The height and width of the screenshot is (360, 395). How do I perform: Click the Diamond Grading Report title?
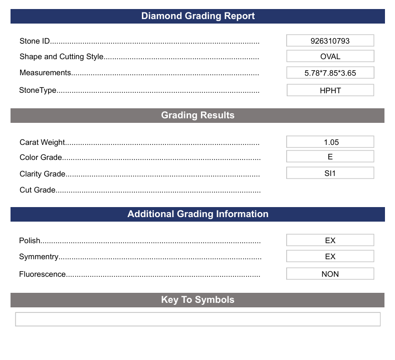pos(197,16)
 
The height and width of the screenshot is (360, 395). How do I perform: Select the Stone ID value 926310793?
pos(330,41)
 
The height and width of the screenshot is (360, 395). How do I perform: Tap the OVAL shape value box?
pos(330,57)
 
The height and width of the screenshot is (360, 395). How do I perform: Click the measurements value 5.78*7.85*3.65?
pos(330,73)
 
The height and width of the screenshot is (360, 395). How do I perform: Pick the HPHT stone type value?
pos(330,91)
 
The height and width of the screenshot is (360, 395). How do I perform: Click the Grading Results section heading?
pos(197,115)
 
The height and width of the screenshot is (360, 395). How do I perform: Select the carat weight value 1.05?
pos(330,142)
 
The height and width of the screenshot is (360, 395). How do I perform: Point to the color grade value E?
pos(330,157)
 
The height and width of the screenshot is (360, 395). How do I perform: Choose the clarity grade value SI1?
pos(330,173)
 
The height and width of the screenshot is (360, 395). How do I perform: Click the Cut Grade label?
pos(38,190)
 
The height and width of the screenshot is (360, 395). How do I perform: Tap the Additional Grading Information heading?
pos(197,214)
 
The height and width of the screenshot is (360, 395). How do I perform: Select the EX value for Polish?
pos(330,241)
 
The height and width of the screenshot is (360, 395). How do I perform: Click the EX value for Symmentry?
pos(330,257)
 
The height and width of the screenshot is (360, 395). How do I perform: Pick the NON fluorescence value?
pos(330,274)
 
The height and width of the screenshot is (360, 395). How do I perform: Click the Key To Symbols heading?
pos(197,300)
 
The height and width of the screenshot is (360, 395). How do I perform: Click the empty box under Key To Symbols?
pos(197,319)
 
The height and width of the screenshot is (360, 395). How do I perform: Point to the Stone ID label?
pos(35,41)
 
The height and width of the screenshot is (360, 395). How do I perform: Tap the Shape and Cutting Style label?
pos(61,57)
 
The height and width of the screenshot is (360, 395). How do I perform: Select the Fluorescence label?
pos(43,274)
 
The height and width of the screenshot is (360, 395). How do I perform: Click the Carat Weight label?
pos(43,142)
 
